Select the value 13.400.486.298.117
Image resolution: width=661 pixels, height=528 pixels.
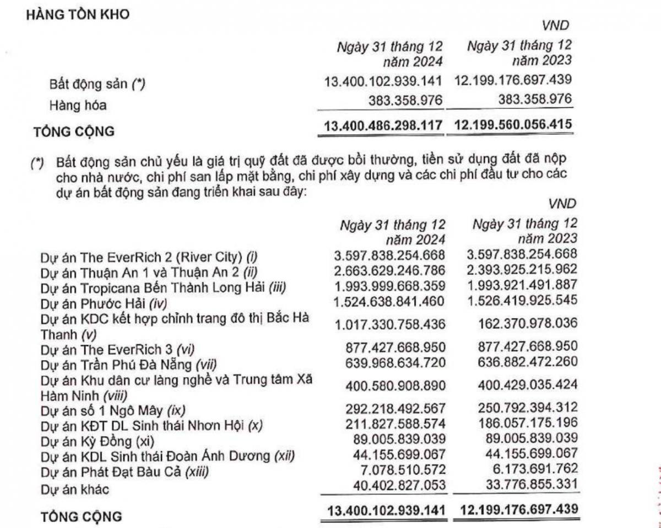pos(384,126)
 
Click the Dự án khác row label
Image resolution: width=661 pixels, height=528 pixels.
pos(73,488)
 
